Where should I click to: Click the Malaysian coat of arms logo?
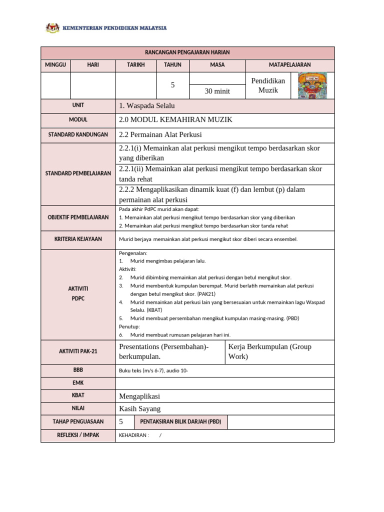(x=52, y=28)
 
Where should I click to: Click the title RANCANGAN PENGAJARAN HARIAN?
(x=187, y=52)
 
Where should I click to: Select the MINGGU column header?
(x=55, y=65)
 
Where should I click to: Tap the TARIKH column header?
(x=135, y=65)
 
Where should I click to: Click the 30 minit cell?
(x=217, y=91)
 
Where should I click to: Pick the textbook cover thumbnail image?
(x=312, y=85)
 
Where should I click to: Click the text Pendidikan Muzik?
(x=267, y=85)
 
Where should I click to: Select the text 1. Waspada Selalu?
(x=147, y=106)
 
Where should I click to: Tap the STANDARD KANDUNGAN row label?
(x=77, y=135)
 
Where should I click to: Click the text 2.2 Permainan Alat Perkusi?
(x=160, y=135)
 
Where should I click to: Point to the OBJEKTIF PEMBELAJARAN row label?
(x=77, y=217)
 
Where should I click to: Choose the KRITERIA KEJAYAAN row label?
(x=77, y=239)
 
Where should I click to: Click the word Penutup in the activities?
(x=129, y=326)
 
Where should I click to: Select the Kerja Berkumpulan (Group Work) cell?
(x=269, y=351)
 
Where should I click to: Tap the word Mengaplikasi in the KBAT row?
(x=139, y=396)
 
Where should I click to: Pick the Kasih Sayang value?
(x=139, y=408)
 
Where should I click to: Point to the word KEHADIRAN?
(x=133, y=435)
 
